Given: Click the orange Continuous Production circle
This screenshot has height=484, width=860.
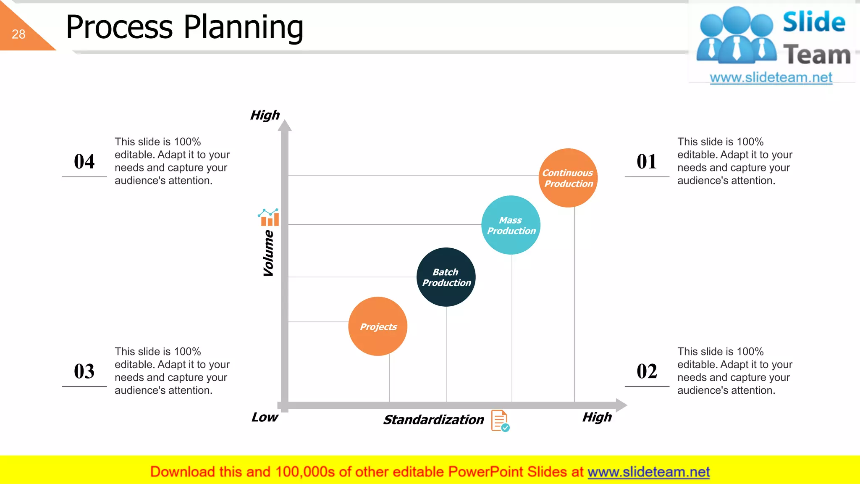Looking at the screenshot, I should [x=568, y=178].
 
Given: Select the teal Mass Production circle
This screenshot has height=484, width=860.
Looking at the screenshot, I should [x=511, y=225].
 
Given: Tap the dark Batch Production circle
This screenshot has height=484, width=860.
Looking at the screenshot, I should [x=446, y=277].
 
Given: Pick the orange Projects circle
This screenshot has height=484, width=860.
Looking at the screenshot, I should [x=378, y=326].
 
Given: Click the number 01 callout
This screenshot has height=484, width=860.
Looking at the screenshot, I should [x=647, y=162].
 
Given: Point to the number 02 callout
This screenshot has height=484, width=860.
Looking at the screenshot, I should [x=647, y=371].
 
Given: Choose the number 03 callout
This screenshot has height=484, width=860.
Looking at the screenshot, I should [x=84, y=371].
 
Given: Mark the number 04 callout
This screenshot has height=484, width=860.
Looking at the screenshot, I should [x=84, y=162].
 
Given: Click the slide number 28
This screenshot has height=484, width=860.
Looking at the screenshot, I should [x=18, y=34].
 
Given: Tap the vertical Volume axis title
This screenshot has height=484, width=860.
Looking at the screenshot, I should [x=268, y=253].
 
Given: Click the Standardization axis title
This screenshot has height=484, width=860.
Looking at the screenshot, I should [x=433, y=420].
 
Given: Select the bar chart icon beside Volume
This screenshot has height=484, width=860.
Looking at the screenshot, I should [x=269, y=217].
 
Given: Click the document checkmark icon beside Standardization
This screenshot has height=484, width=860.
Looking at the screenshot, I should [x=500, y=421].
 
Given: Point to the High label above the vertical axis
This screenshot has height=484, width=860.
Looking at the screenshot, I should [x=265, y=115].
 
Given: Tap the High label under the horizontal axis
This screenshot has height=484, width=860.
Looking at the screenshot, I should [x=597, y=417].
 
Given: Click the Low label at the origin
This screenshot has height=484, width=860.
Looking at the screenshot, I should [x=265, y=417].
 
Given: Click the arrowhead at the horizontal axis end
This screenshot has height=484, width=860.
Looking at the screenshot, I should [x=621, y=405].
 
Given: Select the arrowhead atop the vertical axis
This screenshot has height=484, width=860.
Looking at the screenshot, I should [x=285, y=125].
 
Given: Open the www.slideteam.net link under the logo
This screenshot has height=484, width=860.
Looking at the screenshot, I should [x=771, y=78].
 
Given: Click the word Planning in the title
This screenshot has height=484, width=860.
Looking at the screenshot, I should [x=244, y=27].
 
